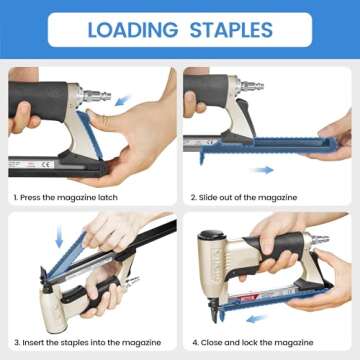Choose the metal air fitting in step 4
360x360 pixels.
coord(317,241)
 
